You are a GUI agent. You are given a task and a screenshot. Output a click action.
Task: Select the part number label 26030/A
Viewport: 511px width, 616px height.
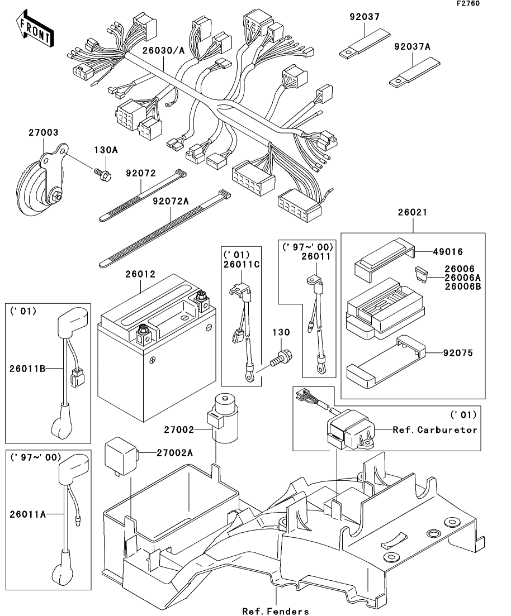163,51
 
